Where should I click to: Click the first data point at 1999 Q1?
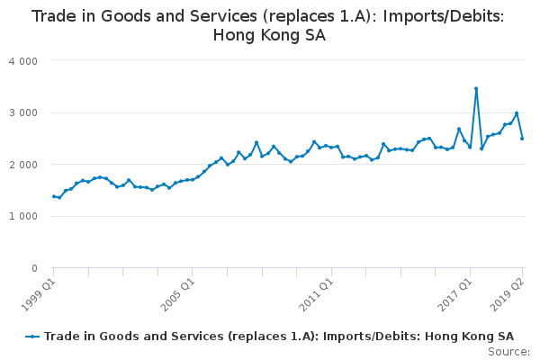pos(54,196)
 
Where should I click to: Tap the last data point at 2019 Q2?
pos(522,139)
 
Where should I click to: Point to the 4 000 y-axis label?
pos(23,61)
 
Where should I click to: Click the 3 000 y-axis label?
pos(23,113)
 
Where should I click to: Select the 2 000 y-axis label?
pos(23,165)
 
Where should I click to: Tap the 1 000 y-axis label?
pos(23,216)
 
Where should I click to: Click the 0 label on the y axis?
pos(34,268)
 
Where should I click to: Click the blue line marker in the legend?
pos(32,337)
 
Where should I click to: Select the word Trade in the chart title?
pos(53,16)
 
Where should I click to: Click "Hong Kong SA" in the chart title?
pos(269,35)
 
